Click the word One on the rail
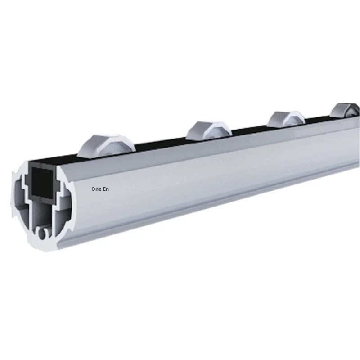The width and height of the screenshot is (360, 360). [x=96, y=189]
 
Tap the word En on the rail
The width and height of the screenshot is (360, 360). [x=106, y=189]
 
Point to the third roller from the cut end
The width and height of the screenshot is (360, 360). [x=286, y=119]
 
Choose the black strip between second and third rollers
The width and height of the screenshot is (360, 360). [x=250, y=128]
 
